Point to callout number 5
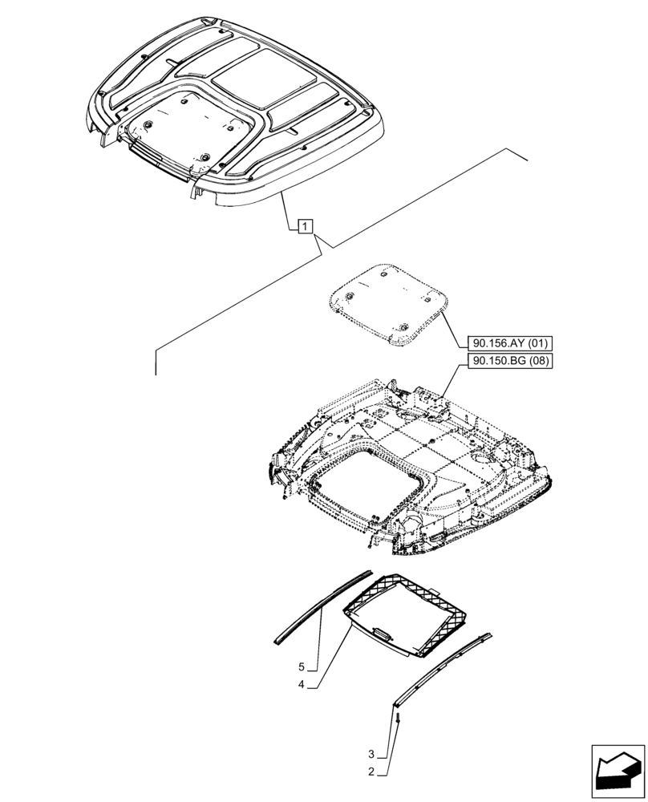302,666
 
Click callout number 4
302,684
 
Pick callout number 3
371,754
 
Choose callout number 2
371,772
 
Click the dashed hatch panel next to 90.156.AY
389,307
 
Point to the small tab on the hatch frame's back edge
435,592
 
